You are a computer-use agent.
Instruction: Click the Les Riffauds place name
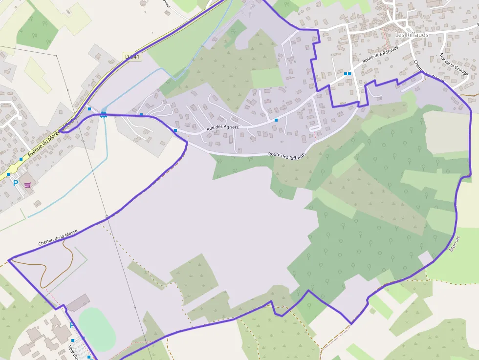coord(412,35)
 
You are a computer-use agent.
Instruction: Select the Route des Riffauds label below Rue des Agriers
coord(287,155)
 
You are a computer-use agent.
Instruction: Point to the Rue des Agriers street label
coord(222,127)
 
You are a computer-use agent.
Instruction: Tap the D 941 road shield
coord(132,57)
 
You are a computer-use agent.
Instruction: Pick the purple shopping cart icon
coord(27,185)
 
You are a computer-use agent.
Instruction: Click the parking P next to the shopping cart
coord(16,183)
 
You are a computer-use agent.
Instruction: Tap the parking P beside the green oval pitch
coord(72,325)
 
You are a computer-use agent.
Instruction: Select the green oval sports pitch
coord(97,329)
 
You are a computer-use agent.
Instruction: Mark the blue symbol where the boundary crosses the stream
coord(104,115)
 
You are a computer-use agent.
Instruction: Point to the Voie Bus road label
coord(73,352)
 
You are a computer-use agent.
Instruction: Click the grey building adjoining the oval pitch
coord(78,303)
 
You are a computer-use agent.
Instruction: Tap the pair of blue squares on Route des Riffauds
coord(347,74)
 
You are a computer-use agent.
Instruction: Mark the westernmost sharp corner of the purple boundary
coord(9,259)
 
